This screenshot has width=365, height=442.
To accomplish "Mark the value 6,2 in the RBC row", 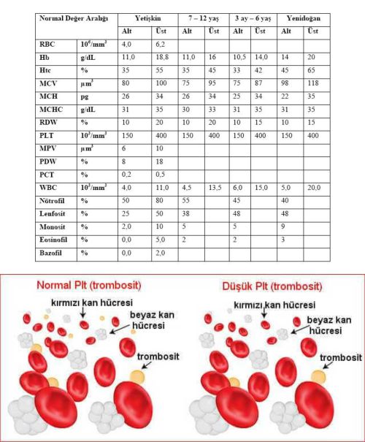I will click(159, 45).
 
